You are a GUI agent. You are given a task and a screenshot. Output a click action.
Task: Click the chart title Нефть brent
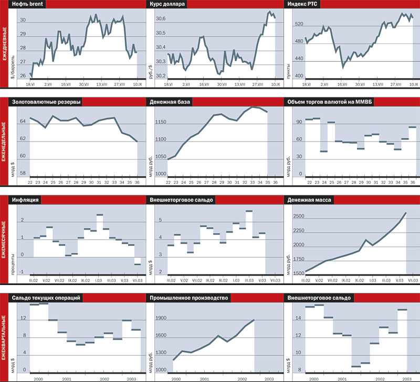(x=33, y=5)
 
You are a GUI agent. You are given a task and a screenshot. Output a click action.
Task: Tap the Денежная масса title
(x=310, y=200)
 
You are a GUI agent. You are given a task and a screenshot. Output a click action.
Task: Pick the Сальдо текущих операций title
(x=49, y=298)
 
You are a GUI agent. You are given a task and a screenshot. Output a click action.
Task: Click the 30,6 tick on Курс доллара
(x=160, y=19)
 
